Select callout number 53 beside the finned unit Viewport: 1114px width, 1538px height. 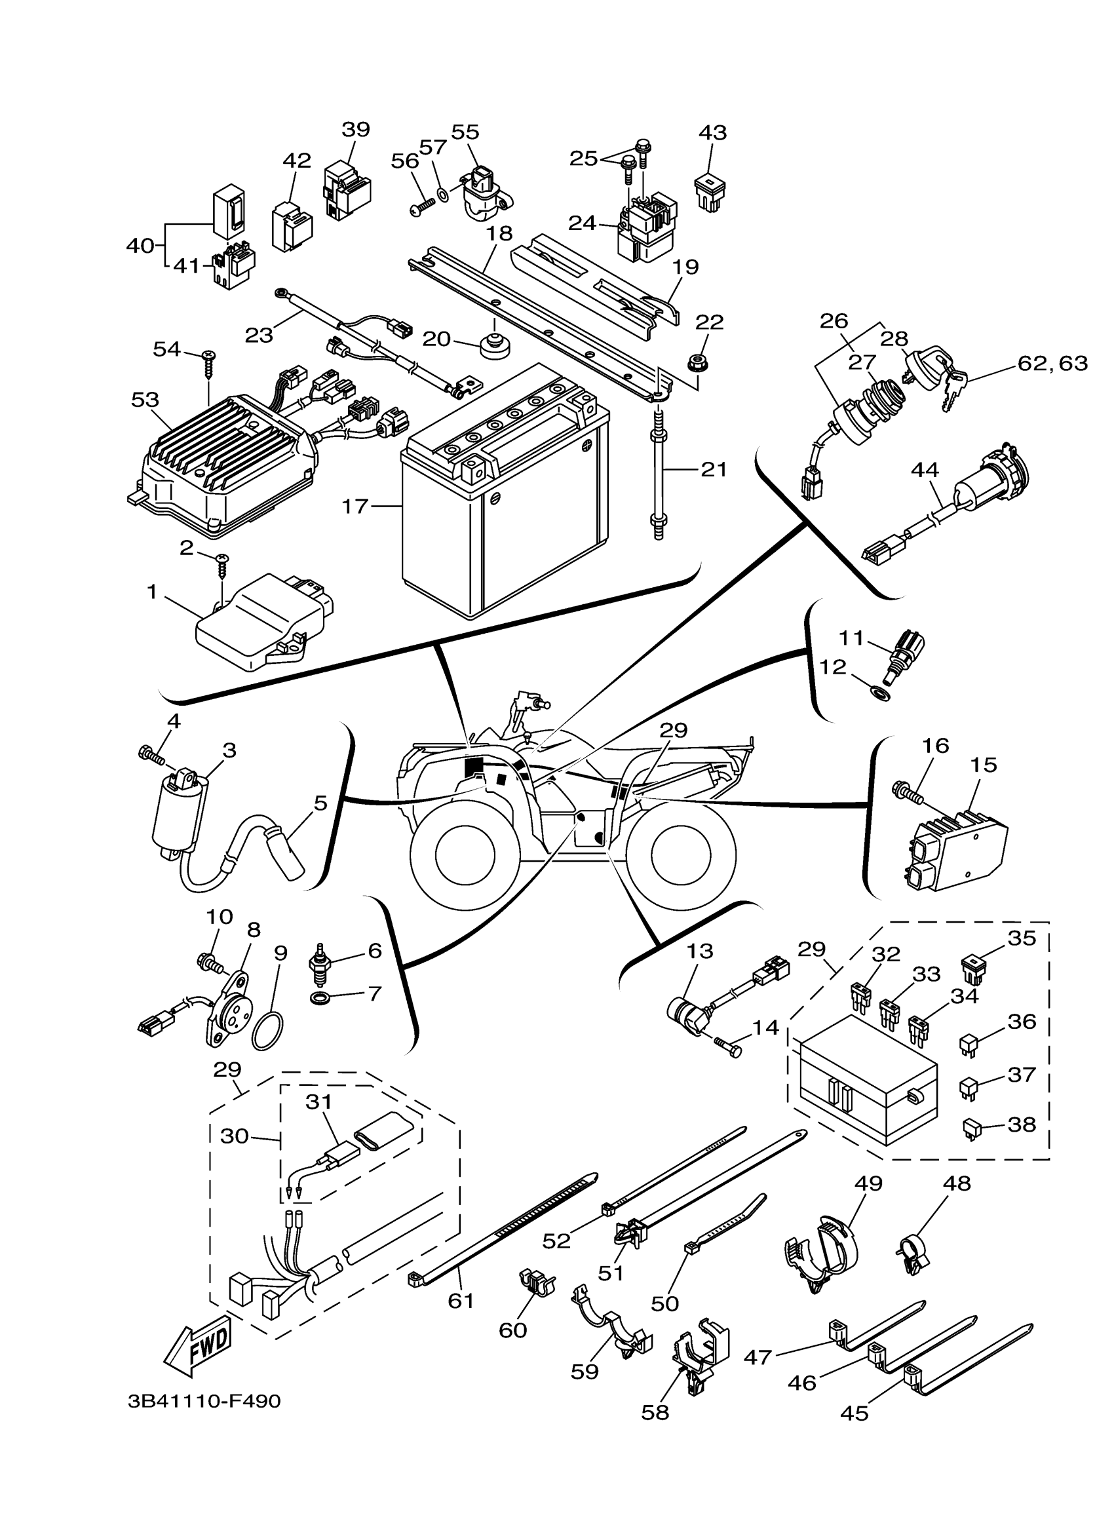(145, 400)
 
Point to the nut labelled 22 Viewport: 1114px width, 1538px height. (696, 364)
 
